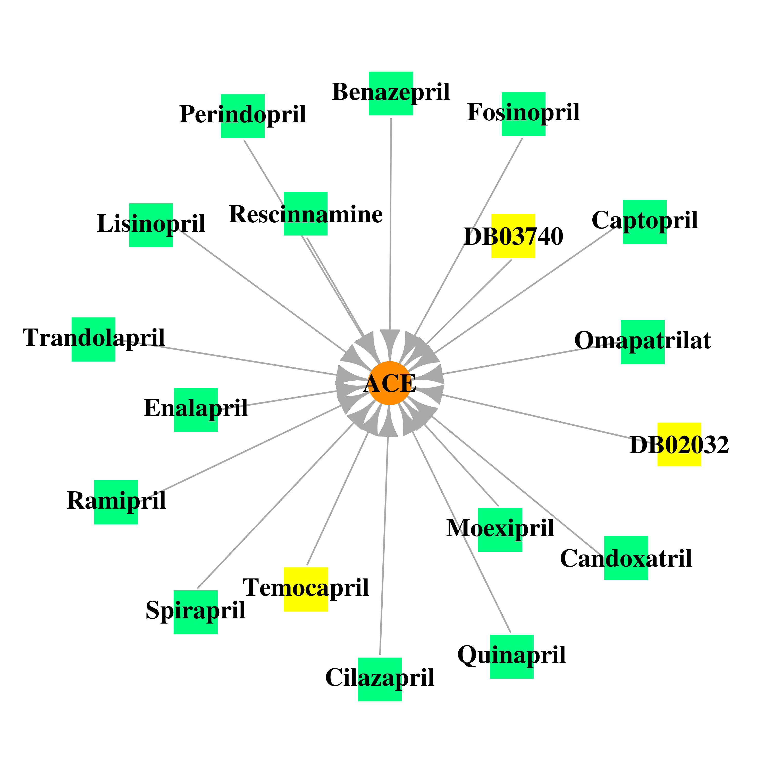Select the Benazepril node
click(x=391, y=94)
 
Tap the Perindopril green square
click(x=243, y=116)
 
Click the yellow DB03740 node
click(x=513, y=236)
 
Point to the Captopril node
click(x=645, y=222)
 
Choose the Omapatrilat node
click(x=643, y=342)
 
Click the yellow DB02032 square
click(x=680, y=444)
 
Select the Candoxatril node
click(x=626, y=558)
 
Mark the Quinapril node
click(x=512, y=657)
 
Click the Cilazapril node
click(x=380, y=679)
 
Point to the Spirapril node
click(x=196, y=612)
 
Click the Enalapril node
click(x=196, y=410)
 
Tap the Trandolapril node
click(x=94, y=339)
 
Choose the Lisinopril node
click(x=151, y=225)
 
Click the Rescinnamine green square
click(x=306, y=214)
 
